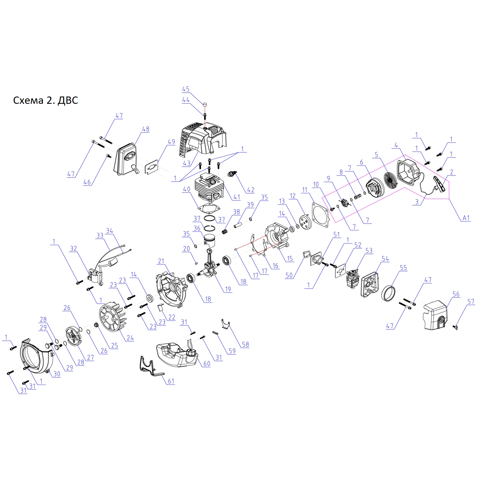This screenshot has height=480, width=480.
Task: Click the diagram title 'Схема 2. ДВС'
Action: click(x=45, y=100)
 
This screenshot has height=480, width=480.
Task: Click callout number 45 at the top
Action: click(x=186, y=89)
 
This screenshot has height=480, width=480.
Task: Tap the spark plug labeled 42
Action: click(x=233, y=174)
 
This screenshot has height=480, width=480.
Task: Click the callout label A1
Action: click(x=466, y=218)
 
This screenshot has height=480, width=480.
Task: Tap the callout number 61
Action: click(x=171, y=381)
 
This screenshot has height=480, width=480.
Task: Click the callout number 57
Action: click(x=471, y=301)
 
